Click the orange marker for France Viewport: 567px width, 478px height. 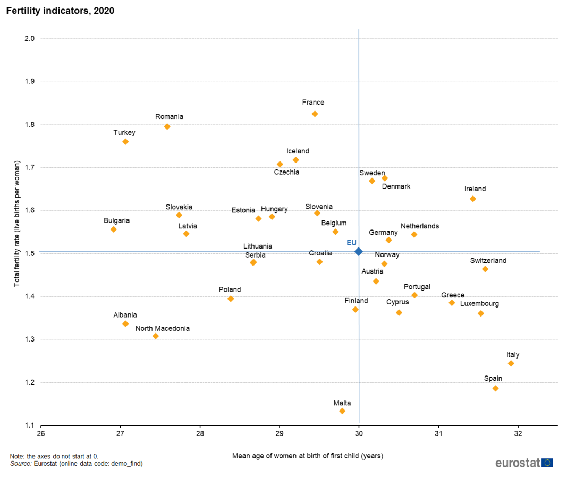(315, 114)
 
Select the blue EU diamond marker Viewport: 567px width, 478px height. (359, 251)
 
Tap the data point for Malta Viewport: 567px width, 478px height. (342, 411)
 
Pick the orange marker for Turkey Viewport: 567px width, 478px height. (125, 142)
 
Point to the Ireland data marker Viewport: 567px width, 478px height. (473, 199)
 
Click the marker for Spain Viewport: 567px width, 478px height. (496, 388)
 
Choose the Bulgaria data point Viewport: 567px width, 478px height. (113, 229)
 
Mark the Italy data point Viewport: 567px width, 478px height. (511, 363)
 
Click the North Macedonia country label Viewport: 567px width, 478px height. (162, 328)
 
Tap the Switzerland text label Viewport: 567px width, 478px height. (488, 261)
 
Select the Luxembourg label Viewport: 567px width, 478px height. (479, 304)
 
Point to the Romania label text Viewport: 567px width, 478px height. (169, 117)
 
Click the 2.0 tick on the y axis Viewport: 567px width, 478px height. (29, 39)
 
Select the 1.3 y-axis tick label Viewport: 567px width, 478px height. (29, 339)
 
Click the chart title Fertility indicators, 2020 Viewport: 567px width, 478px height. (60, 11)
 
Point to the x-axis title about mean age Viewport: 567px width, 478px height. (308, 456)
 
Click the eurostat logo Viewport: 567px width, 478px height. (524, 463)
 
